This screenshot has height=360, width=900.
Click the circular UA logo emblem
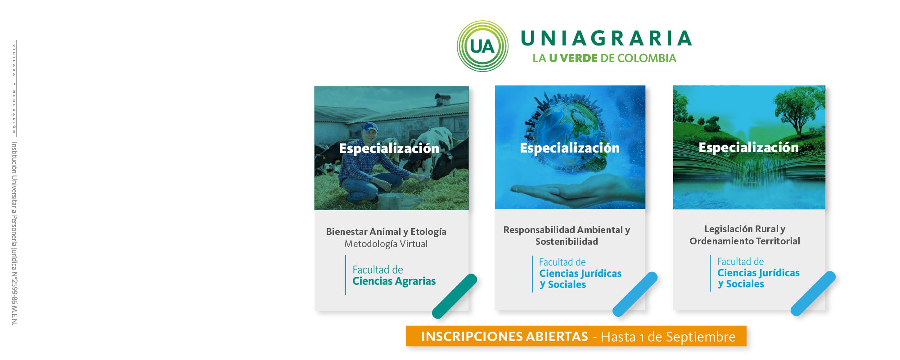(482, 46)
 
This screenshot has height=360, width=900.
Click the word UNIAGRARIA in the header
(606, 39)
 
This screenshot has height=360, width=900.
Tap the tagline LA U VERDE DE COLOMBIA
(604, 58)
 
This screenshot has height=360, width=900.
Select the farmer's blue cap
(369, 127)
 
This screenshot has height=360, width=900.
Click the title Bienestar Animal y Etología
(386, 232)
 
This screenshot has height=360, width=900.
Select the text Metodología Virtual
(386, 244)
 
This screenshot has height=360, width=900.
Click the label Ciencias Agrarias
(394, 281)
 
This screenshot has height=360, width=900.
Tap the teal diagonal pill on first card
(454, 296)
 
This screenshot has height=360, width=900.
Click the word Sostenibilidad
(567, 242)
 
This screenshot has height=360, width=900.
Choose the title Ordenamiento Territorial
(745, 241)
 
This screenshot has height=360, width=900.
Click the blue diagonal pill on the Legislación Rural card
(813, 293)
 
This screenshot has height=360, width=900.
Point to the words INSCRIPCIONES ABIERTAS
(504, 337)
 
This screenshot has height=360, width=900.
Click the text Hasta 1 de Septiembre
(668, 337)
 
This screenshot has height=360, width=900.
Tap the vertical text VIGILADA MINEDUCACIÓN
(14, 89)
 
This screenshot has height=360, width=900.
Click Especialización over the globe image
(570, 148)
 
